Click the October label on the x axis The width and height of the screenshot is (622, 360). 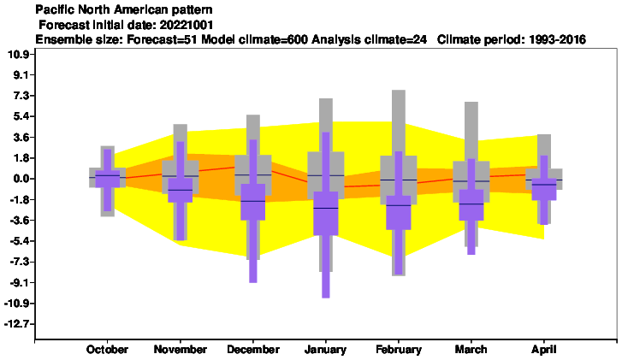point(107,349)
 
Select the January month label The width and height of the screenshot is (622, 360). point(325,349)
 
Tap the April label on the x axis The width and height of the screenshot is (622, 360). point(544,349)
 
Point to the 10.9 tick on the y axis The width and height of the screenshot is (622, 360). point(18,55)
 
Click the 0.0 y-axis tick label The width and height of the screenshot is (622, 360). point(21,179)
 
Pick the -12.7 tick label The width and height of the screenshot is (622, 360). point(16,324)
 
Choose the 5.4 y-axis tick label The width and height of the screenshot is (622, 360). point(21,116)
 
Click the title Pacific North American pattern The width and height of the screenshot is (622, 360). point(124,9)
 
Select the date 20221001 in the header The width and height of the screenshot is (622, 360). point(187,25)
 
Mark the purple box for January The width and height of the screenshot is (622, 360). point(326,213)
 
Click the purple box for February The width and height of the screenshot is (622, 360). point(399,213)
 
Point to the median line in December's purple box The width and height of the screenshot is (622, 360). point(252,202)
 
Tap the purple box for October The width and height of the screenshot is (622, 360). point(108,179)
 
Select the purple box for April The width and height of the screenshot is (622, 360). point(544,189)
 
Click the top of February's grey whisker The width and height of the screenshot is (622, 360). point(399,91)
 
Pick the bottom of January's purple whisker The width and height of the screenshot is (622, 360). point(326,298)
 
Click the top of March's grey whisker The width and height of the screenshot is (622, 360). point(471,103)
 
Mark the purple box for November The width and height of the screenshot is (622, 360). point(180,190)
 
